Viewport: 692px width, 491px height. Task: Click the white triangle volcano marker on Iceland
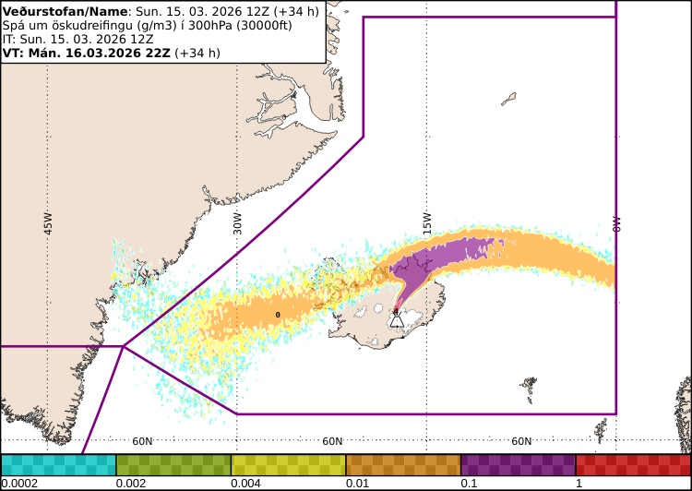click(397, 319)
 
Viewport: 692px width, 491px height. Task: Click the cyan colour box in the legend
click(58, 464)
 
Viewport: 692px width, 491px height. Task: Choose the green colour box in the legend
click(173, 464)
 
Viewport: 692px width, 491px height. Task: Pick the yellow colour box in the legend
click(288, 464)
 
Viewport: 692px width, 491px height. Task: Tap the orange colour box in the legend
click(403, 464)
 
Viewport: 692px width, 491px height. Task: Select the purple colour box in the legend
click(518, 464)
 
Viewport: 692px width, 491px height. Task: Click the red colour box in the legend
click(633, 464)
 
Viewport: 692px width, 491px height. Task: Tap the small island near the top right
click(508, 99)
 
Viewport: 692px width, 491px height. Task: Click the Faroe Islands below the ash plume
click(529, 389)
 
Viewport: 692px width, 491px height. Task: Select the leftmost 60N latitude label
click(142, 441)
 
